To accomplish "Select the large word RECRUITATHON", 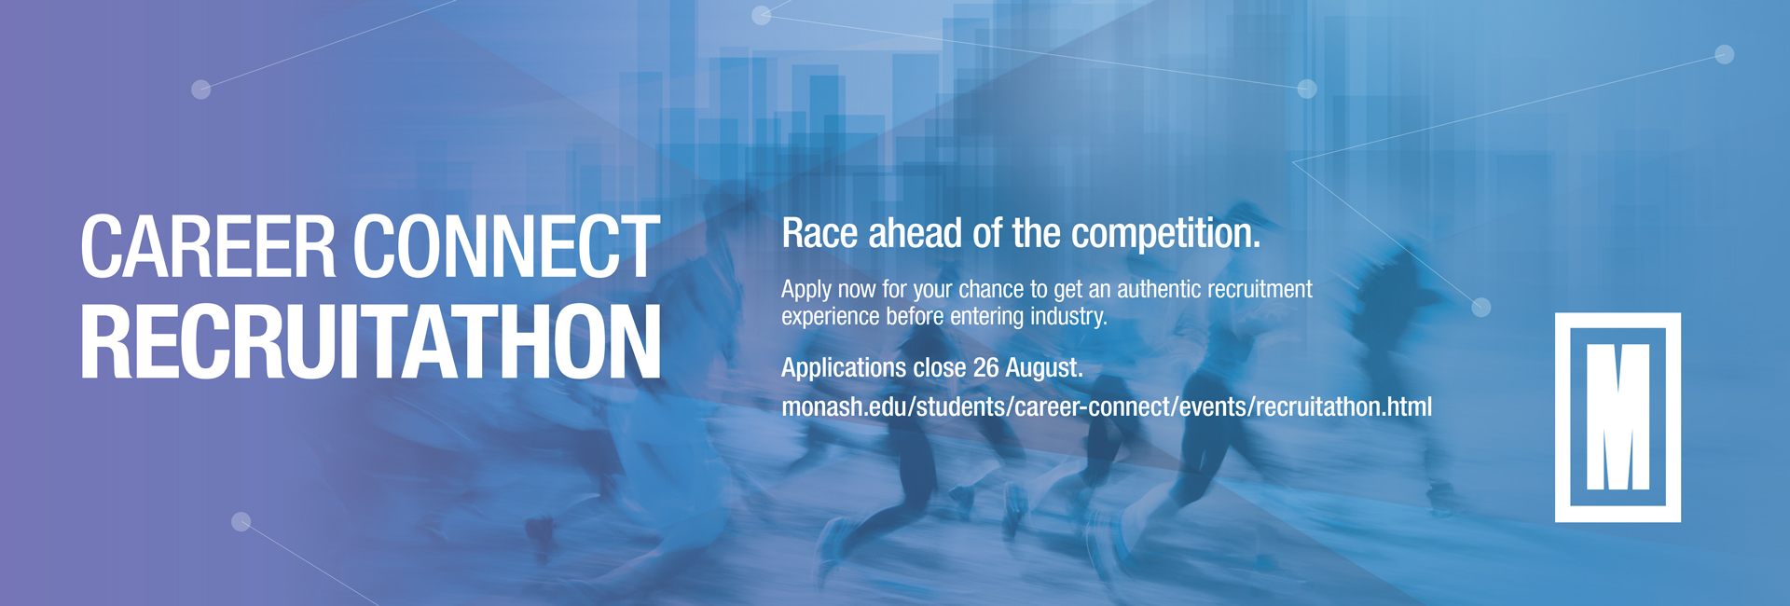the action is (371, 342).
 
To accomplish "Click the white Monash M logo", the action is (1618, 418).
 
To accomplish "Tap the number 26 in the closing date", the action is (985, 367).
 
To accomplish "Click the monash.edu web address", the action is (1107, 407).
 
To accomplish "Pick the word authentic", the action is (1157, 289).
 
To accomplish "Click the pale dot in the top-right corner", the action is (1725, 54).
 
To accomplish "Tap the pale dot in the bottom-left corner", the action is (241, 521).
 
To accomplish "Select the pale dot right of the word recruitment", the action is (1480, 307).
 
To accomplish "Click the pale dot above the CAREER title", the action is (200, 90).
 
